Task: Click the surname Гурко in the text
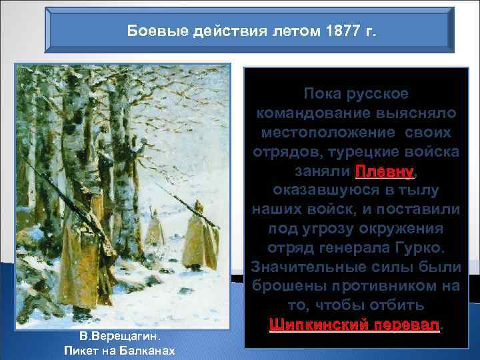tap(424, 248)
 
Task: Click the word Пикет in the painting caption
tap(81, 350)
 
